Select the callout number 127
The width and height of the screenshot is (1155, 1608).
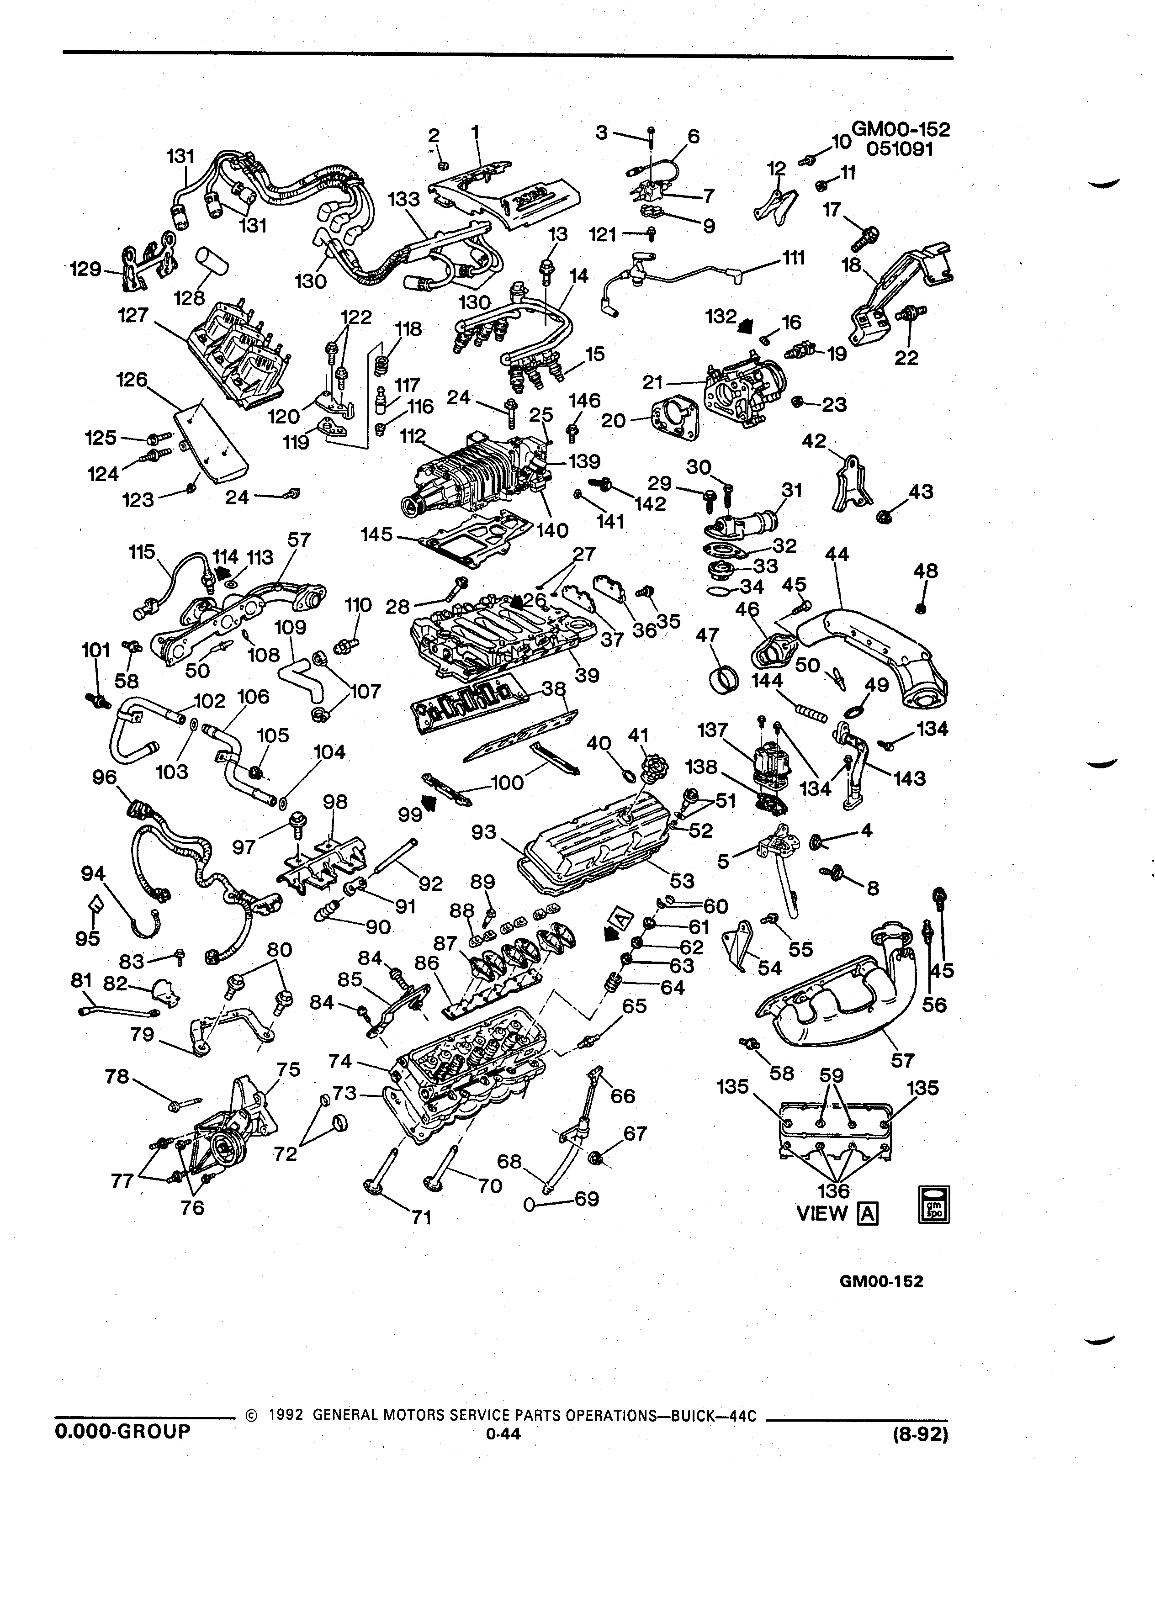point(133,314)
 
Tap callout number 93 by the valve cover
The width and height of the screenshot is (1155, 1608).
point(484,832)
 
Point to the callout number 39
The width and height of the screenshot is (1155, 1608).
point(587,675)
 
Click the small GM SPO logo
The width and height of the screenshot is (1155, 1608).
point(934,1204)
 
